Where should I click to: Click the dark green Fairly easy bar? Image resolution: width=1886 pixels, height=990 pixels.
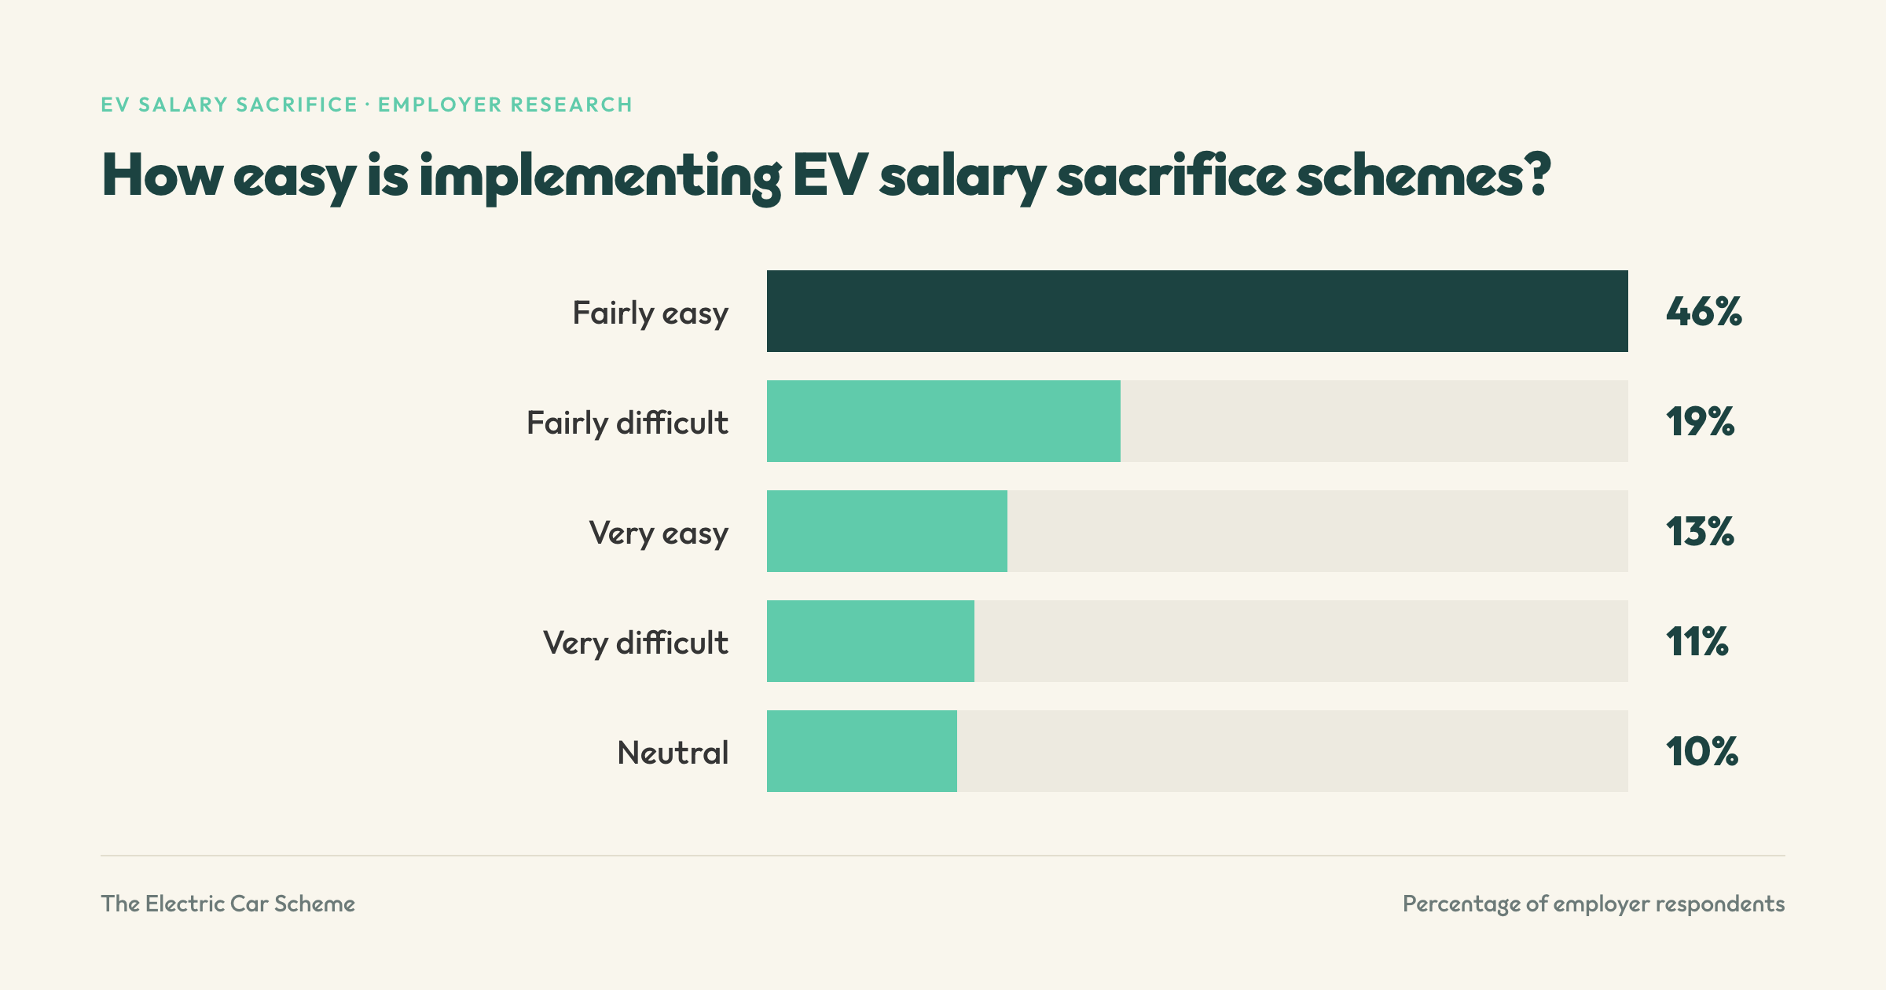pyautogui.click(x=1197, y=311)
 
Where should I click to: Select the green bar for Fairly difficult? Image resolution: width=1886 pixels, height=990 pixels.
pyautogui.click(x=944, y=421)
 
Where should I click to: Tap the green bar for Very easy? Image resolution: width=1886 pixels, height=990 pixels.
pyautogui.click(x=887, y=531)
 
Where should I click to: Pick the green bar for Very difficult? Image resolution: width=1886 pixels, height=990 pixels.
pyautogui.click(x=871, y=641)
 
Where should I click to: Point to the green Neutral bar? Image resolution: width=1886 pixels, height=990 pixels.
pyautogui.click(x=862, y=751)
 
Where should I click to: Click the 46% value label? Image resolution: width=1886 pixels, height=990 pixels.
pyautogui.click(x=1704, y=311)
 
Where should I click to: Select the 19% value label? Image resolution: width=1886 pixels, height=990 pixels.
pyautogui.click(x=1700, y=421)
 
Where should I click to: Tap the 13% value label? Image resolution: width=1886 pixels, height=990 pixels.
pyautogui.click(x=1700, y=531)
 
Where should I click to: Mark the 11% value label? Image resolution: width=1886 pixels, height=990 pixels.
pyautogui.click(x=1697, y=641)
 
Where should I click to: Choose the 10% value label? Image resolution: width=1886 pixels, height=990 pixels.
pyautogui.click(x=1701, y=751)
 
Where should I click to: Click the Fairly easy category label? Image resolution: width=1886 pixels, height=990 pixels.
pyautogui.click(x=650, y=313)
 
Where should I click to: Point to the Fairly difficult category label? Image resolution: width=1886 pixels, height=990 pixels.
pyautogui.click(x=627, y=423)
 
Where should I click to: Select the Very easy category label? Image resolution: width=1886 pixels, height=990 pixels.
pyautogui.click(x=659, y=533)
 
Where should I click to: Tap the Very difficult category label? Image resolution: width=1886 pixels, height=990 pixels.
pyautogui.click(x=636, y=643)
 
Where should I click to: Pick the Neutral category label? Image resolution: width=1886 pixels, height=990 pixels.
pyautogui.click(x=673, y=753)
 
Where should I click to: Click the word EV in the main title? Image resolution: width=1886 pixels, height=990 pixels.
pyautogui.click(x=830, y=174)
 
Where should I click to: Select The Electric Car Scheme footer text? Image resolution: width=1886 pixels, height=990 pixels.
pyautogui.click(x=228, y=904)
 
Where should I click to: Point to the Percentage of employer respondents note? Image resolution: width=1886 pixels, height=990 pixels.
pyautogui.click(x=1594, y=904)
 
